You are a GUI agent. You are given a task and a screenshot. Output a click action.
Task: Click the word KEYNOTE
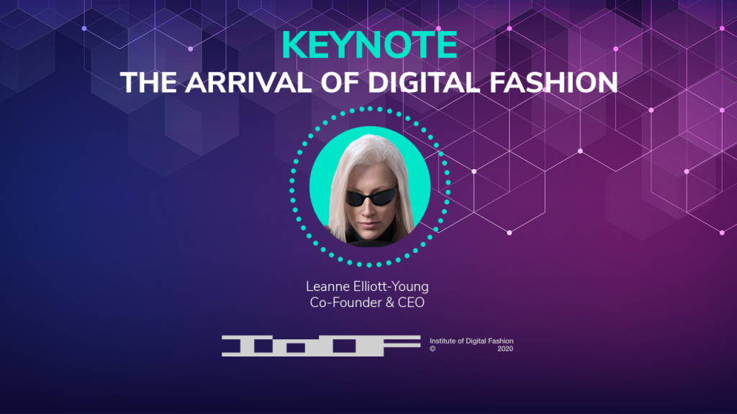369,45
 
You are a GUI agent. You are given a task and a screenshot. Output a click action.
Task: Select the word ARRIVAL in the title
248,83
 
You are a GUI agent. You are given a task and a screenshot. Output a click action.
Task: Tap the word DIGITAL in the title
423,83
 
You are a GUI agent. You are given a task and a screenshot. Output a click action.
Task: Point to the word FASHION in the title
553,83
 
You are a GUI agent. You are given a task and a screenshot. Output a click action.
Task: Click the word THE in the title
148,83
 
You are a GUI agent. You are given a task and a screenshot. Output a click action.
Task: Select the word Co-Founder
345,303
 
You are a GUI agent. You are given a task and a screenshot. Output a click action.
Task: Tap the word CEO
411,303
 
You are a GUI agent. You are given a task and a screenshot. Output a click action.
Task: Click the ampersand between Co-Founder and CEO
389,303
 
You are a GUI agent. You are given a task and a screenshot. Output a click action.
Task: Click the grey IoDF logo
321,346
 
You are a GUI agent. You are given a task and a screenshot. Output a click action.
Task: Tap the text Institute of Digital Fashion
471,341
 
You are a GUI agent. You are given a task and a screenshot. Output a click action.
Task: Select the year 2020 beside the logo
505,349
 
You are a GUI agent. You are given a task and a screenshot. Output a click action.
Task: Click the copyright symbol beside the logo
433,349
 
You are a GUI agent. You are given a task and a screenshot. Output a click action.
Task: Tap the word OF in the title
340,83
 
